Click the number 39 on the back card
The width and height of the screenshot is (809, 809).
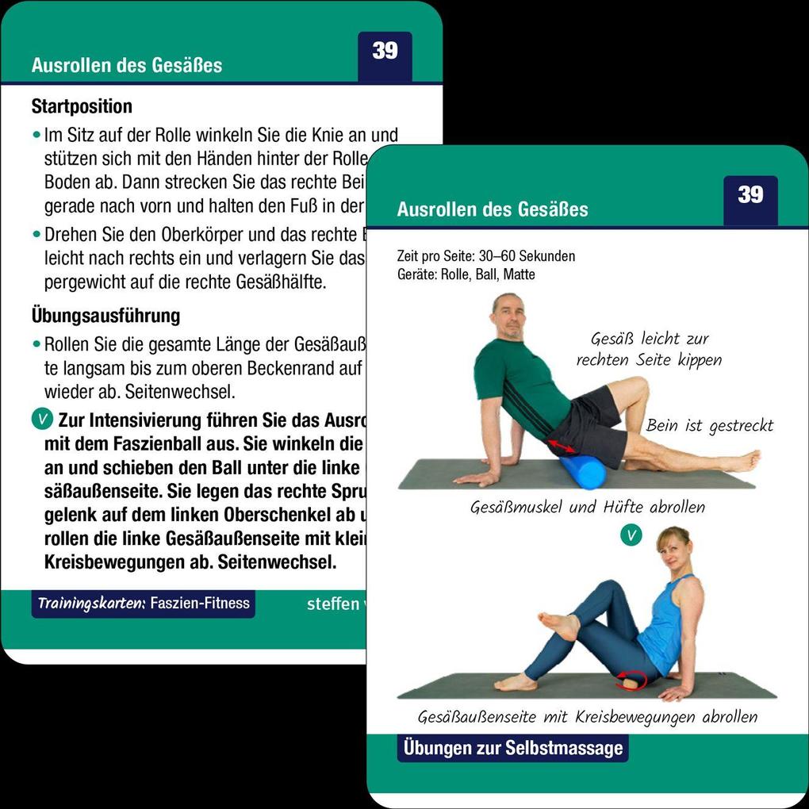pos(385,51)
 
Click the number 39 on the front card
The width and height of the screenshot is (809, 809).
pos(750,195)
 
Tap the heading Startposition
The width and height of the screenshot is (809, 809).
pos(82,106)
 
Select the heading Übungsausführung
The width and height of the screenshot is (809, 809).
pos(105,316)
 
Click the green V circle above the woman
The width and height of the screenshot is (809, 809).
pos(631,535)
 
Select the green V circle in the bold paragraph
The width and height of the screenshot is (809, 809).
pos(42,420)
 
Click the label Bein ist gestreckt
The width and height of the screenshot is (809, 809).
pos(709,426)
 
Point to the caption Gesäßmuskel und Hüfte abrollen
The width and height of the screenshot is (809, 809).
pos(588,507)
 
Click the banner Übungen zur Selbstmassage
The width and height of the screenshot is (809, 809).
pos(513,748)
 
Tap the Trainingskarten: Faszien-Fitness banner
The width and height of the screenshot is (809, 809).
pos(144,604)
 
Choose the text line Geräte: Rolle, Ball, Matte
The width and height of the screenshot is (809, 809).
pos(466,274)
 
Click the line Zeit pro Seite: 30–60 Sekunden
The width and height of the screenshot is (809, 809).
pos(486,257)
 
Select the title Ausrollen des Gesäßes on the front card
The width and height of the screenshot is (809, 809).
pos(493,210)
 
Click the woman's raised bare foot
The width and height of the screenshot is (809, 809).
pos(560,625)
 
